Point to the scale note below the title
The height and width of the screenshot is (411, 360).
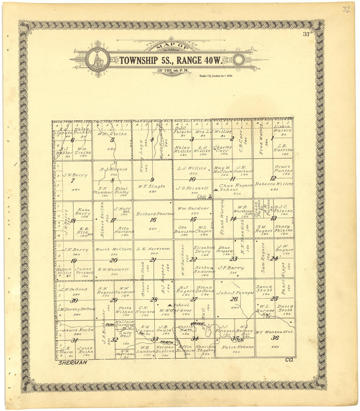[216, 76]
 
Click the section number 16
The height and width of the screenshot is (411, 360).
[153, 220]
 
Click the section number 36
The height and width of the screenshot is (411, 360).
[275, 338]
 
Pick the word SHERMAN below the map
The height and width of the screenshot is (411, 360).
[73, 362]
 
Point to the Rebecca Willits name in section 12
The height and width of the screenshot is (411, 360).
[274, 184]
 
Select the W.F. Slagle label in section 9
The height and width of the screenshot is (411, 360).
[152, 186]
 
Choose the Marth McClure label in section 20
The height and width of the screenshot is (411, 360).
[113, 249]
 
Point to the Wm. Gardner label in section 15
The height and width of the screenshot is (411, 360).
[193, 208]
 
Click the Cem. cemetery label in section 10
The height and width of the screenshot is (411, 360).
[202, 196]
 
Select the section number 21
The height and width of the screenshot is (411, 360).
[153, 260]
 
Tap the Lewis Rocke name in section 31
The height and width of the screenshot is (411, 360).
[74, 330]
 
